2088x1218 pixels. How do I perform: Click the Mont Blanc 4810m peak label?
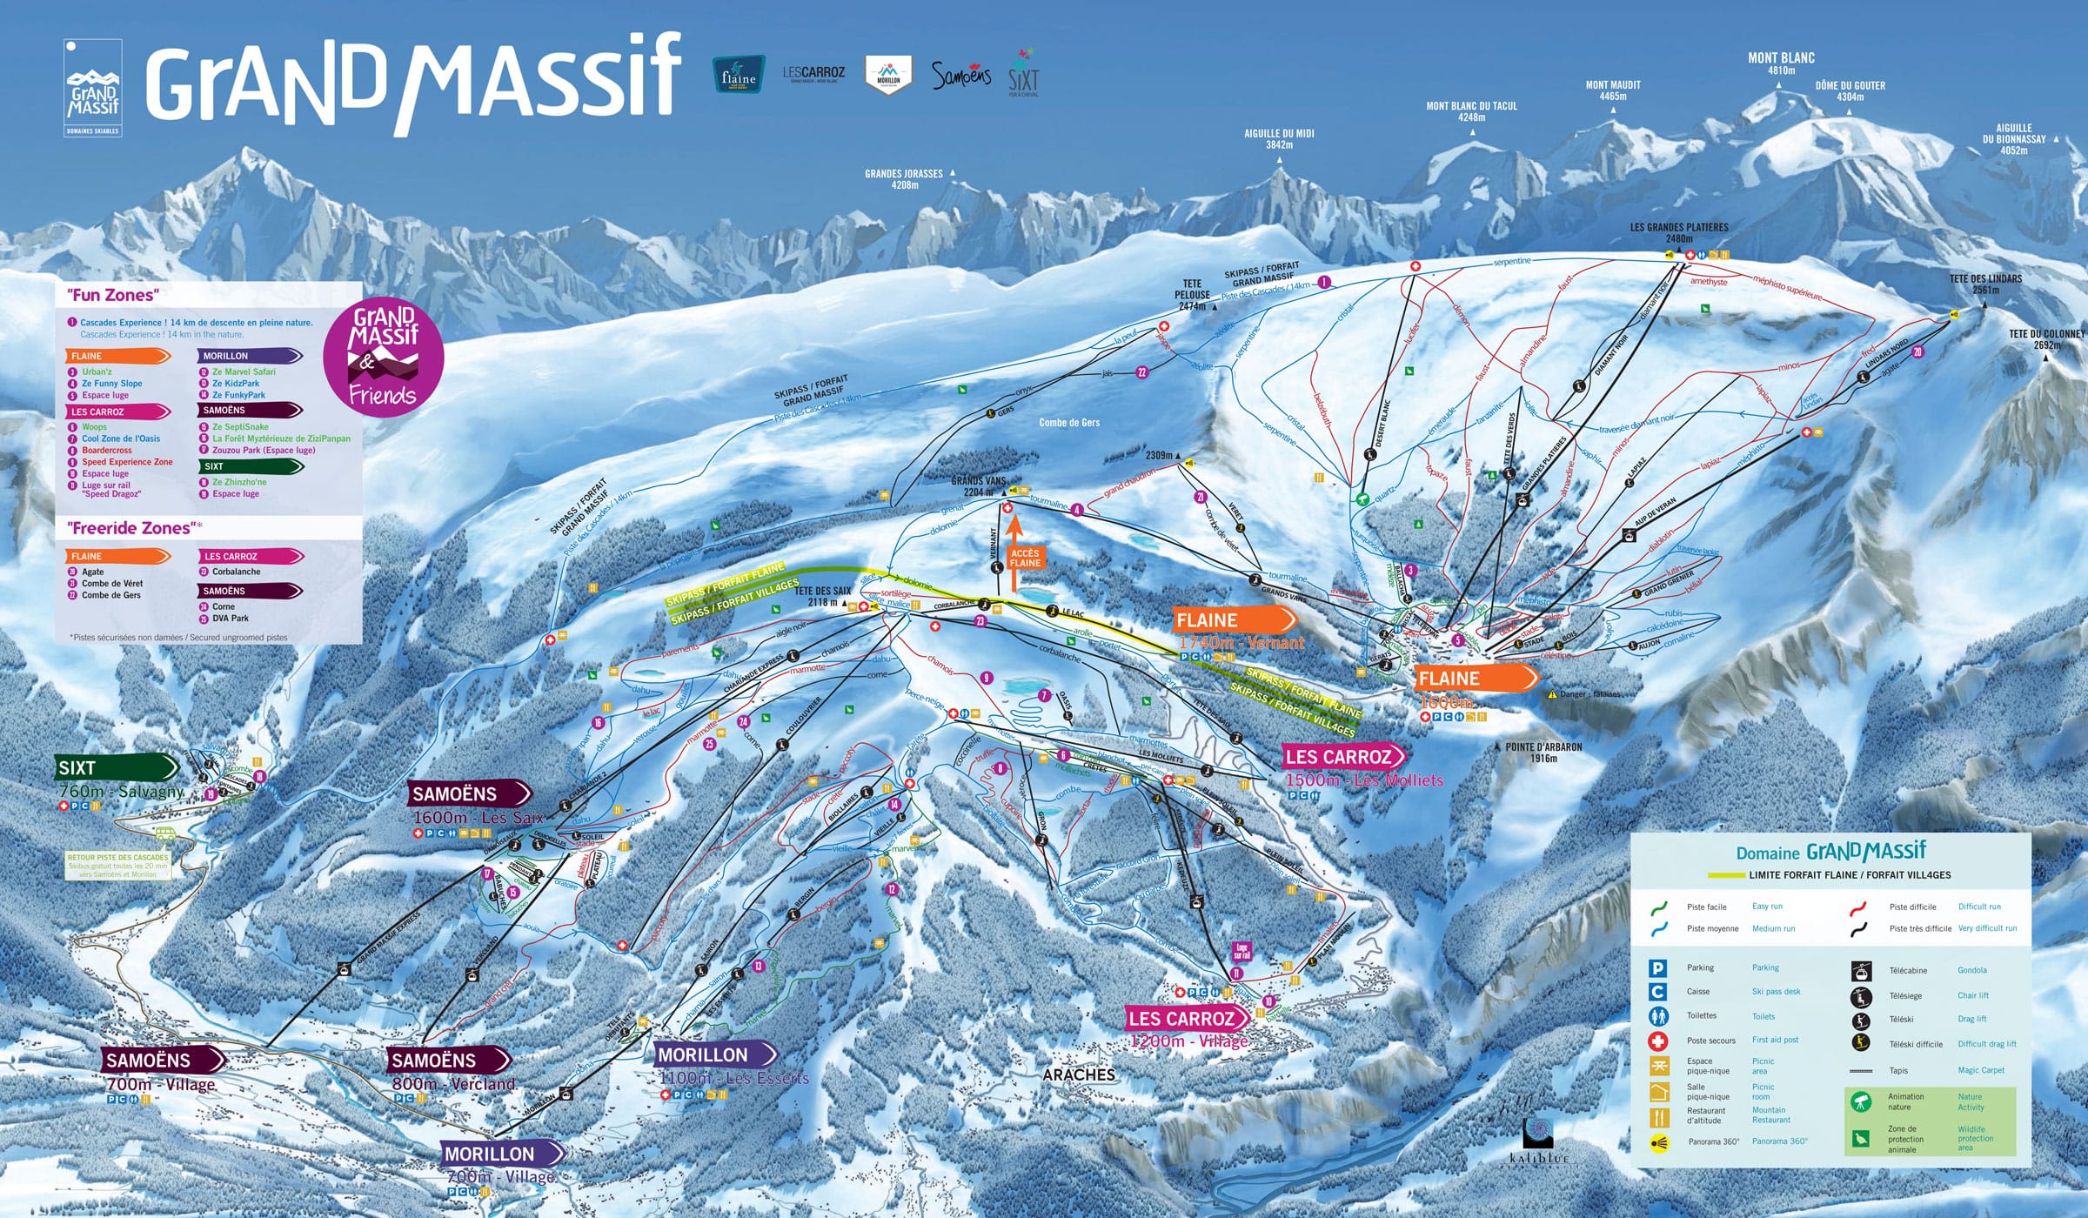pos(1781,64)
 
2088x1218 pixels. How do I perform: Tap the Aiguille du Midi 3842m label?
pos(1279,139)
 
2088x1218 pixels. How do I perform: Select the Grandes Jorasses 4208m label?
pos(903,179)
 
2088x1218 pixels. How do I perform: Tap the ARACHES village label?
pos(1079,1075)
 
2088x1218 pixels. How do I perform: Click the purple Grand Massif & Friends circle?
pos(383,357)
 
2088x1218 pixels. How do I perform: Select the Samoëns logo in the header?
pos(960,76)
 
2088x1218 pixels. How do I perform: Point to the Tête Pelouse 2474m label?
pos(1192,295)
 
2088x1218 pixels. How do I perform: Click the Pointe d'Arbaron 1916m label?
pos(1543,752)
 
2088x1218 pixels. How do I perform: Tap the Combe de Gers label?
pos(1069,423)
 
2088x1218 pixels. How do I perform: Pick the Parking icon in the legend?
pos(1658,968)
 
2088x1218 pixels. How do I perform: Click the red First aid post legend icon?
pos(1658,1041)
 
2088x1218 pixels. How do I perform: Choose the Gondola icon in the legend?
pos(1861,970)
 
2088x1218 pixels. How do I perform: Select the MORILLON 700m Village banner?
pos(501,1154)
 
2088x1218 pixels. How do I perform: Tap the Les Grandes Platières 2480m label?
pos(1679,232)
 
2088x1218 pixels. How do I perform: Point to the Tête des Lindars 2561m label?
pos(1985,284)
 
